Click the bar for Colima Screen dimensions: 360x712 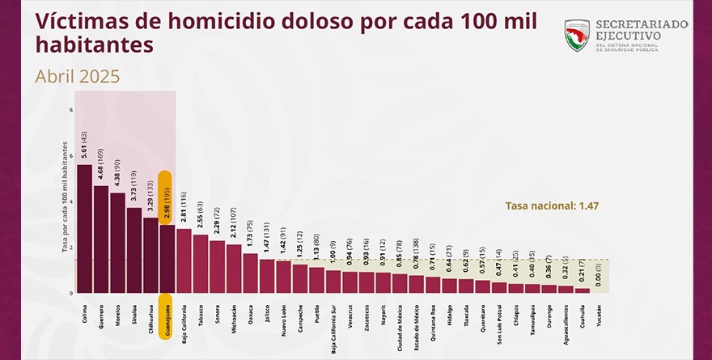click(84, 229)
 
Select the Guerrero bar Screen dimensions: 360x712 click(101, 239)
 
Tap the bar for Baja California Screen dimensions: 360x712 click(184, 260)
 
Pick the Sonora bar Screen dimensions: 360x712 click(217, 266)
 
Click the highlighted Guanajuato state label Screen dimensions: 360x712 click(167, 321)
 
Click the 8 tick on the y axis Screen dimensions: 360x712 click(71, 110)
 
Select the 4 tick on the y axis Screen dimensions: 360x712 click(71, 201)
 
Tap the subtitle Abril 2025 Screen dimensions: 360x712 click(78, 76)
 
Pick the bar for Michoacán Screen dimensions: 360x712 click(234, 268)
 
